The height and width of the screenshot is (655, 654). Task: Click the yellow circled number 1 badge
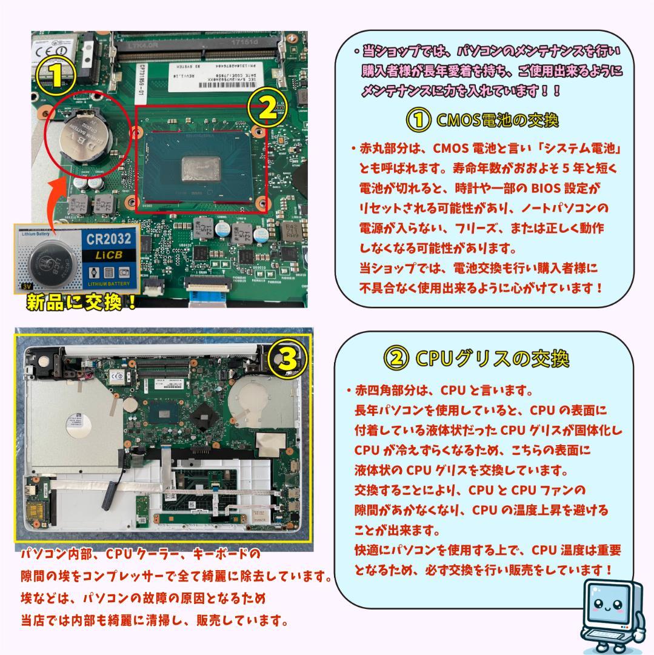(x=55, y=75)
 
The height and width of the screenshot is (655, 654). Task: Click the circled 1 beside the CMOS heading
(x=418, y=120)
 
